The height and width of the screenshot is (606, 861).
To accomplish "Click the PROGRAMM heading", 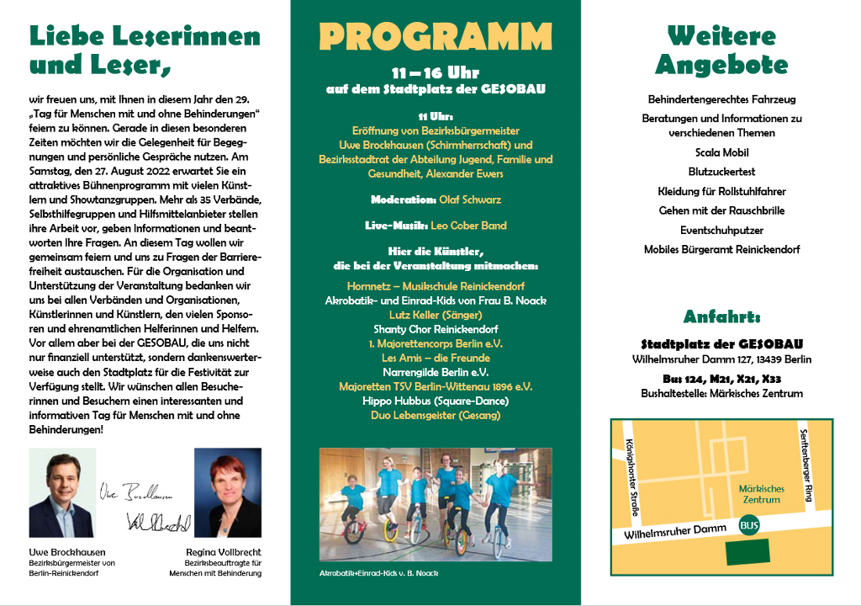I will pyautogui.click(x=436, y=37).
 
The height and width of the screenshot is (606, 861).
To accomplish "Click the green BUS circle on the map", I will pyautogui.click(x=747, y=526).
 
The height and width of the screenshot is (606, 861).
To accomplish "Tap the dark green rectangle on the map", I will pyautogui.click(x=747, y=551).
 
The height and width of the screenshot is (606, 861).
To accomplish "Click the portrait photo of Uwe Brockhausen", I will pyautogui.click(x=61, y=493).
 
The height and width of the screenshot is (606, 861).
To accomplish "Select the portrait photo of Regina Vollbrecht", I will pyautogui.click(x=228, y=493).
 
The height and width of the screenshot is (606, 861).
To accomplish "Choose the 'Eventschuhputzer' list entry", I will pyautogui.click(x=721, y=229).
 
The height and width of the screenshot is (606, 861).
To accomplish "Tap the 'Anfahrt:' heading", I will pyautogui.click(x=721, y=317).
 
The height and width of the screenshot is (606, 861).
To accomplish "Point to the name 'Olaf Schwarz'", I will pyautogui.click(x=470, y=200).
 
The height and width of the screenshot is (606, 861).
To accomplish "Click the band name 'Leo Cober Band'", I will pyautogui.click(x=469, y=226).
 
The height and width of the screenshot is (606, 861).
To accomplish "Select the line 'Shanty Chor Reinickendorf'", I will pyautogui.click(x=436, y=329).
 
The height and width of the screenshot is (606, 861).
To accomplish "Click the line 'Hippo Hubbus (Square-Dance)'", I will pyautogui.click(x=436, y=401).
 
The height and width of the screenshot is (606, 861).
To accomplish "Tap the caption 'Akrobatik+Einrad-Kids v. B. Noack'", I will pyautogui.click(x=378, y=573).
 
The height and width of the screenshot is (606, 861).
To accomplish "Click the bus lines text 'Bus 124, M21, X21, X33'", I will pyautogui.click(x=721, y=379).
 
